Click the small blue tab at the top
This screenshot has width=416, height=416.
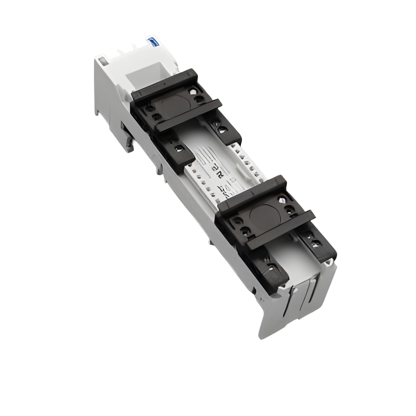tap(151, 41)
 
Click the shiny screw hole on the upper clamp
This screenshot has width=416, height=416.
tap(192, 92)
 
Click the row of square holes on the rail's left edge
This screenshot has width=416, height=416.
tap(201, 184)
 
